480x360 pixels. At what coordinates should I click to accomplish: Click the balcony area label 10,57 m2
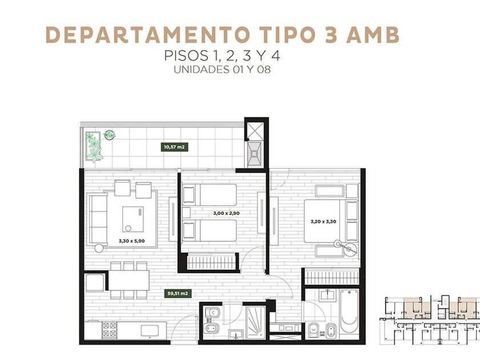tap(174, 147)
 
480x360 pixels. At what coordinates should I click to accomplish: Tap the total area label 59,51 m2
tap(177, 294)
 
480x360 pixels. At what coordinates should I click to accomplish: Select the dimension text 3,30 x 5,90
tap(131, 241)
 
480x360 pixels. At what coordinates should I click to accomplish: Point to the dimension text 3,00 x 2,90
tap(226, 213)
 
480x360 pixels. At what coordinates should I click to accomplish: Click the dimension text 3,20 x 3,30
tap(323, 221)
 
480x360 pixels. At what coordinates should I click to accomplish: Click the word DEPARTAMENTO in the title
tap(147, 35)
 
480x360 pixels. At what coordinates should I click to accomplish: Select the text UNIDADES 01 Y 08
tap(222, 70)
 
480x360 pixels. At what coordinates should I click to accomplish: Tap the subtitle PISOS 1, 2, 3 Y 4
tap(222, 56)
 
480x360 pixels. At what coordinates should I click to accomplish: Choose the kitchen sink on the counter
tap(150, 330)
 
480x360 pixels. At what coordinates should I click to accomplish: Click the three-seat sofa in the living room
tap(97, 219)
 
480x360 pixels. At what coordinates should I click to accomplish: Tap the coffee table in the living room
tap(133, 219)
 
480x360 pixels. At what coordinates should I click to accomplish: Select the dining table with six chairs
tap(129, 280)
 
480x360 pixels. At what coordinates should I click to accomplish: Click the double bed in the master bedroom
tap(325, 221)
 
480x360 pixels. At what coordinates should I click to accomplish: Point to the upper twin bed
tap(209, 195)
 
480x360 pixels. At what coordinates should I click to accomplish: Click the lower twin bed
tap(209, 230)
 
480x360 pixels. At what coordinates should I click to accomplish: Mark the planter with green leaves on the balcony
tap(94, 147)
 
